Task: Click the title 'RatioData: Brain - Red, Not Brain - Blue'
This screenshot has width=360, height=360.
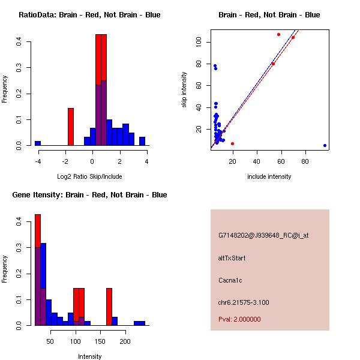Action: click(x=89, y=15)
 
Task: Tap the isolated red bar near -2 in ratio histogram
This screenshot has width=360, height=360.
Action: click(x=71, y=127)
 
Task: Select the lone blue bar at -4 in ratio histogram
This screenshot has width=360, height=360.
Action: click(x=38, y=143)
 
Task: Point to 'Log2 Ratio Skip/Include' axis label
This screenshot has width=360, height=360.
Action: click(x=89, y=176)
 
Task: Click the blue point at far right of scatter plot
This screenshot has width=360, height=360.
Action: click(x=325, y=145)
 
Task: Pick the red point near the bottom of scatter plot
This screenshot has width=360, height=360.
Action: click(x=232, y=143)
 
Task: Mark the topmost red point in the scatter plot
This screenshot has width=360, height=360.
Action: click(x=278, y=34)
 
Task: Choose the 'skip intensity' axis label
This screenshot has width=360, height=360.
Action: click(x=185, y=90)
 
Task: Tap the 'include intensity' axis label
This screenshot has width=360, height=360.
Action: click(x=269, y=176)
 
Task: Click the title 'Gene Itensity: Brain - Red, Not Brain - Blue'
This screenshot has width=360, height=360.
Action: click(x=89, y=195)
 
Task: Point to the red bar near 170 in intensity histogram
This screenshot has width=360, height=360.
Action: click(x=109, y=307)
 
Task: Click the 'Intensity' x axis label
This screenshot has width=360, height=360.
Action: click(x=89, y=356)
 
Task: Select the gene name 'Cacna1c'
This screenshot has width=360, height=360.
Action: click(x=230, y=280)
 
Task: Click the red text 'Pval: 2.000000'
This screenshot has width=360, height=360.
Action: click(x=239, y=319)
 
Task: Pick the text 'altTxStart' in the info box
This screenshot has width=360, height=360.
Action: click(x=232, y=258)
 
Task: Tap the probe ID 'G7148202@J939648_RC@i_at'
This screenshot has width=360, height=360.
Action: click(x=263, y=236)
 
